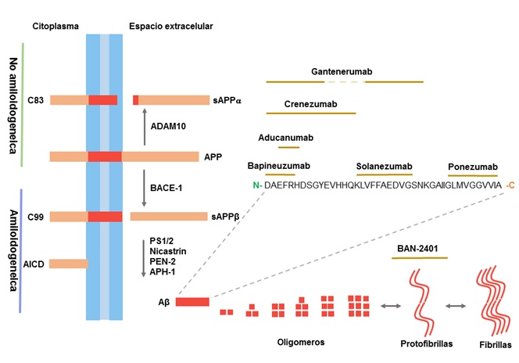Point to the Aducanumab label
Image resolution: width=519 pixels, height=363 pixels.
click(285, 137)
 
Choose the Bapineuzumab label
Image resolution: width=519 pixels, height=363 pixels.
click(278, 166)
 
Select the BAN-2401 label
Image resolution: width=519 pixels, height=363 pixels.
click(416, 249)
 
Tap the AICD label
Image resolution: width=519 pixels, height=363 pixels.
click(34, 264)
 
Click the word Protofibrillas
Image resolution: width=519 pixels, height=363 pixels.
click(424, 342)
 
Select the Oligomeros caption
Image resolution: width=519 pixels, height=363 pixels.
click(301, 342)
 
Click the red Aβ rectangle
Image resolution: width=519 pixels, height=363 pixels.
click(191, 301)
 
